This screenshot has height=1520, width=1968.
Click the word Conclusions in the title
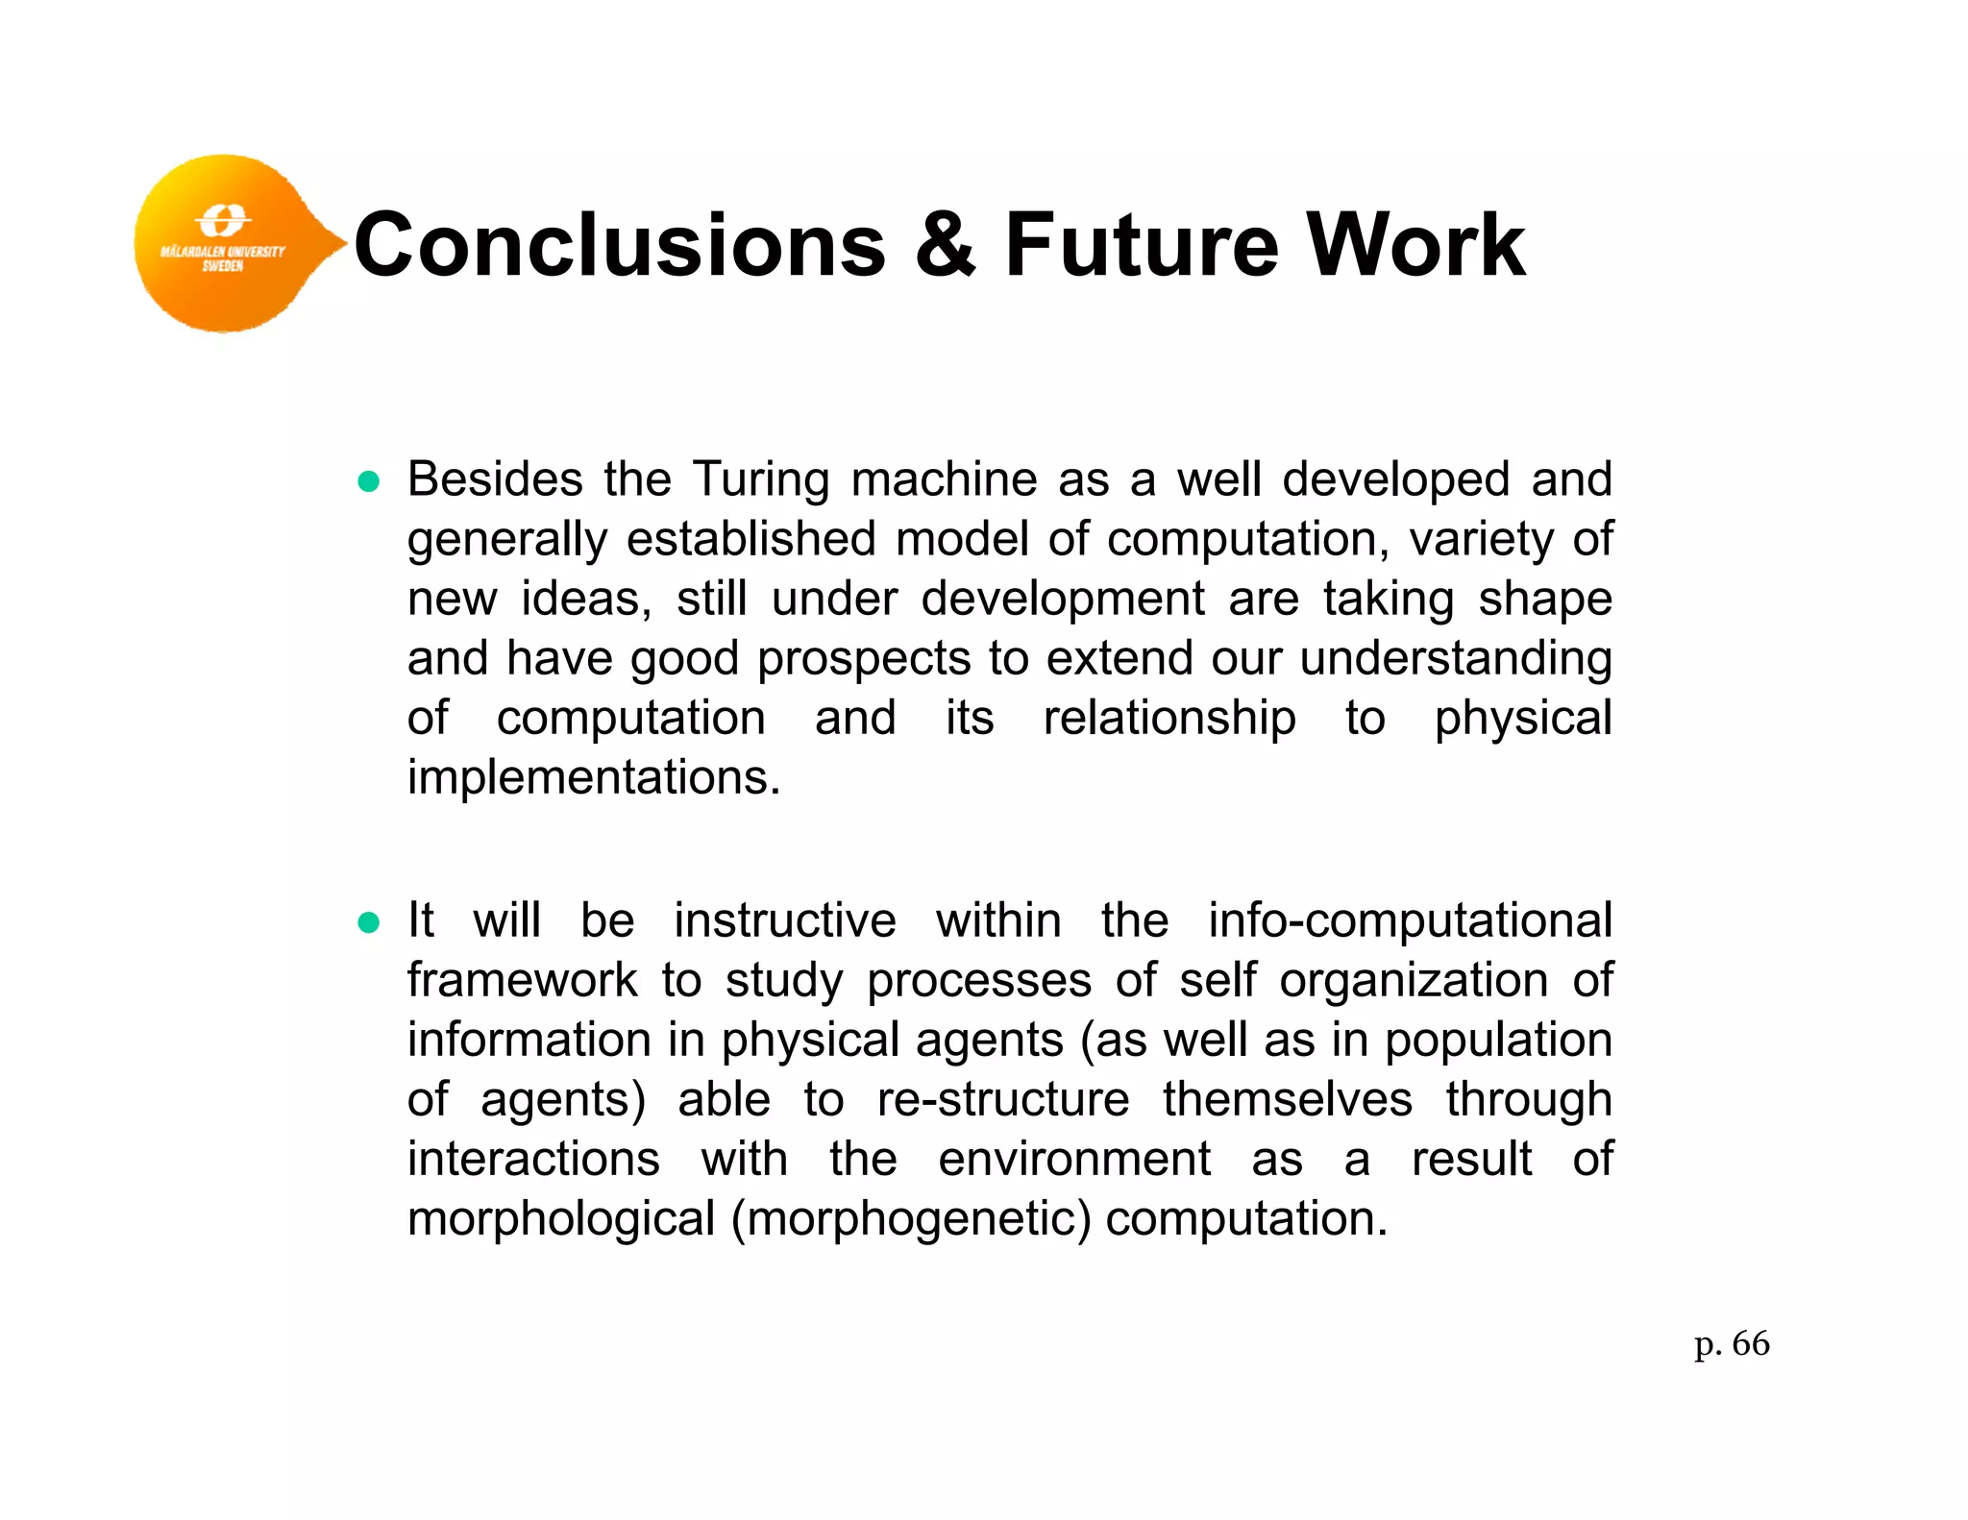(x=620, y=245)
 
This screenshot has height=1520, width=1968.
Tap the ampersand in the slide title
(x=945, y=245)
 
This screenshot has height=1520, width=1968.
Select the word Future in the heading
(x=1142, y=245)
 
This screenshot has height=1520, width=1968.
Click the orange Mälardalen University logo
(x=226, y=243)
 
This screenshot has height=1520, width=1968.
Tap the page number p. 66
(x=1732, y=1343)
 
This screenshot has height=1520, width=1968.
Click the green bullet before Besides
(x=369, y=481)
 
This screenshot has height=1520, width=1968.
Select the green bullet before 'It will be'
(x=369, y=923)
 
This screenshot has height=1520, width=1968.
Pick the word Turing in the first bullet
(x=760, y=479)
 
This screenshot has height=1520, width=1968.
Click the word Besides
(x=495, y=478)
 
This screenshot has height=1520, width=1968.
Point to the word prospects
(x=864, y=660)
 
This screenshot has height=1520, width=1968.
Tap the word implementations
(x=594, y=777)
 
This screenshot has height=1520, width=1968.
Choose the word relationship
(x=1169, y=719)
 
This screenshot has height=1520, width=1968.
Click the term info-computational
(x=1410, y=921)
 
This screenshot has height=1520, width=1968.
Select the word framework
(x=522, y=980)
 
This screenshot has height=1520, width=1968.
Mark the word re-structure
(x=1003, y=1099)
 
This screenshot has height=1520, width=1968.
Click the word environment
(x=1074, y=1159)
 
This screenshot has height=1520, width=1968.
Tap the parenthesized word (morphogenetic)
(x=911, y=1219)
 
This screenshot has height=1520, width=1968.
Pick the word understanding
(x=1456, y=660)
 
